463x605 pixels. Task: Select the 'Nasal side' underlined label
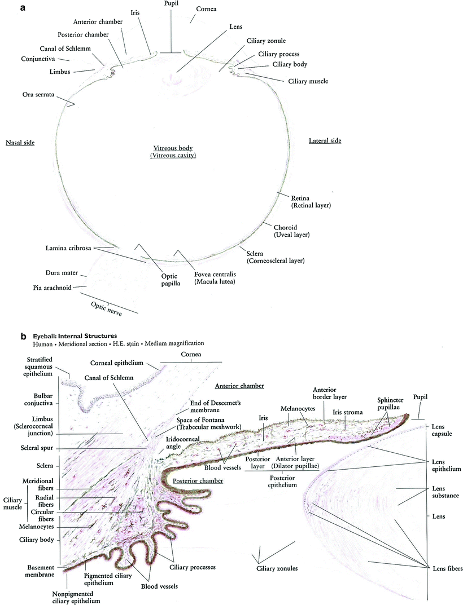point(19,143)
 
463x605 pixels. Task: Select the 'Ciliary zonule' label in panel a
point(266,41)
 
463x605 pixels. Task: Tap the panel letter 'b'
point(23,337)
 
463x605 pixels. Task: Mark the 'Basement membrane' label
point(40,571)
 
